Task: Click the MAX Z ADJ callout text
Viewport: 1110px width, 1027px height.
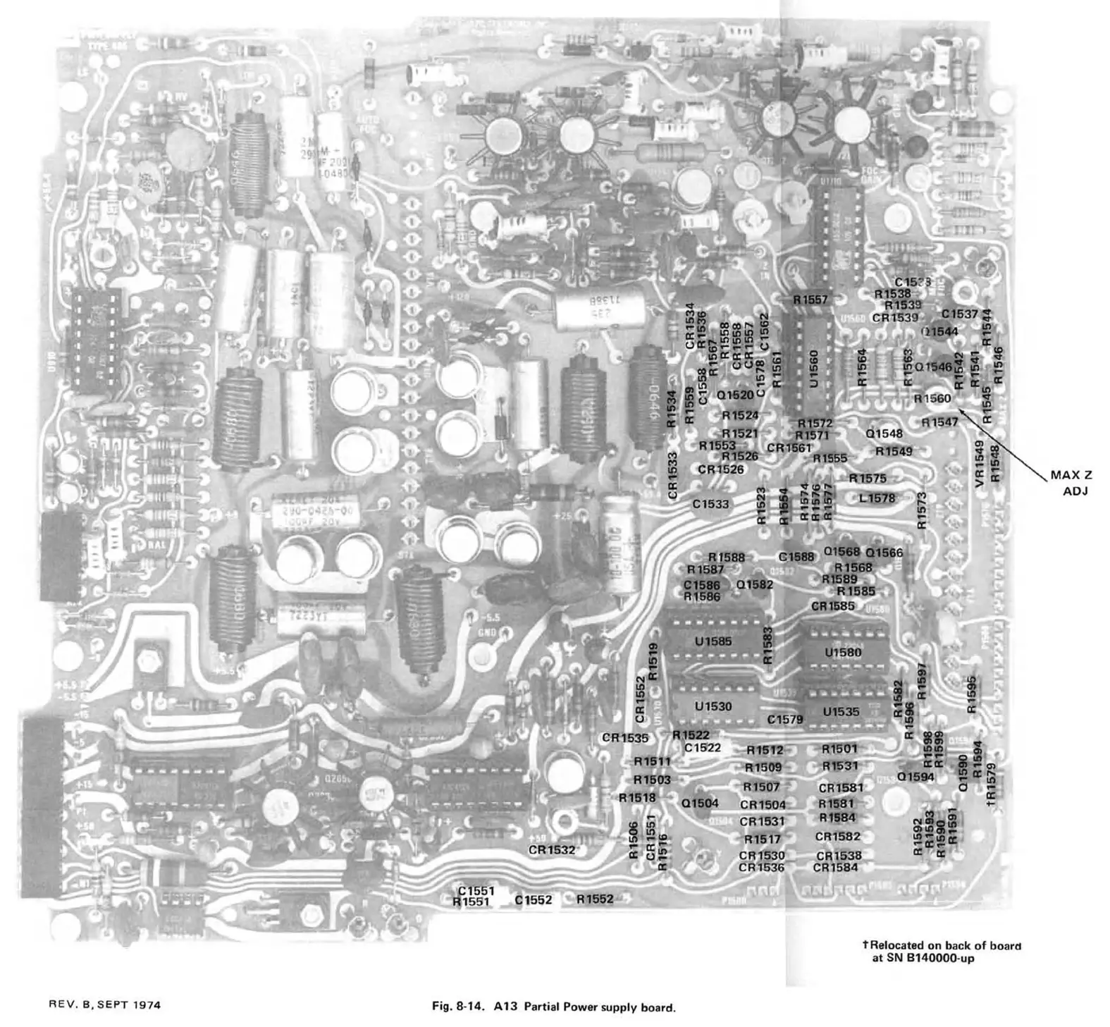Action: point(1071,483)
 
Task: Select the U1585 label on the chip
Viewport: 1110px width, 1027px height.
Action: point(713,641)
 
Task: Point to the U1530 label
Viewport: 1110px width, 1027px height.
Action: point(713,706)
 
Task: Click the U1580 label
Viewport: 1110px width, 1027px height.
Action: point(843,653)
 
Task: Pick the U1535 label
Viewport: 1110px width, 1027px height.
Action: point(841,712)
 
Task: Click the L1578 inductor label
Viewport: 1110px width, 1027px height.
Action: point(877,498)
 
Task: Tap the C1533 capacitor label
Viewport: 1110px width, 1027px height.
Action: point(710,504)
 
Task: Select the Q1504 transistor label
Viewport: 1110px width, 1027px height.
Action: point(700,803)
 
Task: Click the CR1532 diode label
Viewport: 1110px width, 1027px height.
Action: point(552,849)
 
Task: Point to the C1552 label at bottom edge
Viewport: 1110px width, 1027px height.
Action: point(533,899)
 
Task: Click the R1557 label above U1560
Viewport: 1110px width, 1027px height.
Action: point(810,300)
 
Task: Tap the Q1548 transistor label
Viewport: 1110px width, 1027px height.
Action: point(884,433)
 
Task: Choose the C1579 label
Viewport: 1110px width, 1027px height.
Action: point(785,720)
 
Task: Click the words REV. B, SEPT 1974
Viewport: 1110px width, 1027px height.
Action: point(104,1004)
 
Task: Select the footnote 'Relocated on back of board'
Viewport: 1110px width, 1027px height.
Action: point(946,945)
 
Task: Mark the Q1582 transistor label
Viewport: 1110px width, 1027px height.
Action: point(755,584)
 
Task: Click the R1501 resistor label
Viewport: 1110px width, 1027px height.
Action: point(839,749)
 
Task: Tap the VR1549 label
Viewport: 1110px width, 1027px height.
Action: point(979,463)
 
